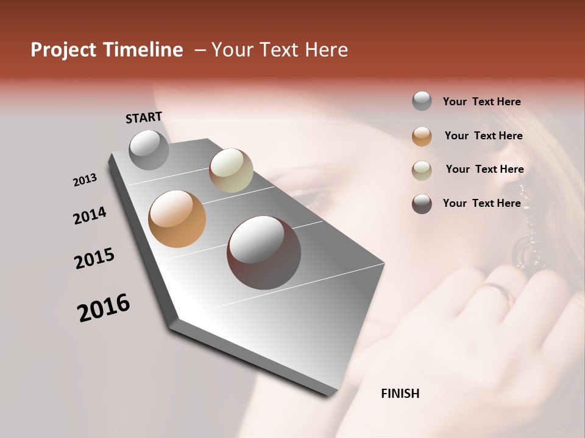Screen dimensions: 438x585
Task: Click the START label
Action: pyautogui.click(x=144, y=117)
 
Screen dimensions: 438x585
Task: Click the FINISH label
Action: pyautogui.click(x=400, y=394)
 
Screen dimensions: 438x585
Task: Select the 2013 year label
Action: pyautogui.click(x=85, y=180)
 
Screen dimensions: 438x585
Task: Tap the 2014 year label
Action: pyautogui.click(x=90, y=216)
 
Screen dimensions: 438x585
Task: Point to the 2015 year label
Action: pyautogui.click(x=94, y=259)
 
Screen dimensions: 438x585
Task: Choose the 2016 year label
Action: pyautogui.click(x=104, y=308)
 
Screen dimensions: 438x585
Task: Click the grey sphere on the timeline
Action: pyautogui.click(x=149, y=150)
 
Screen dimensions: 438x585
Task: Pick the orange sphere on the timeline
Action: pyautogui.click(x=177, y=219)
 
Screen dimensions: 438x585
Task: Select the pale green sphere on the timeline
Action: pyautogui.click(x=231, y=170)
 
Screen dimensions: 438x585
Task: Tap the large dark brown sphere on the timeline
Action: pyautogui.click(x=264, y=252)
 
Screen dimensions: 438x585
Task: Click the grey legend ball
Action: pyautogui.click(x=422, y=102)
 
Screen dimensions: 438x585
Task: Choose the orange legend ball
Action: pyautogui.click(x=422, y=136)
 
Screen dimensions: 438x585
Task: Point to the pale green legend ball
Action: pyautogui.click(x=422, y=170)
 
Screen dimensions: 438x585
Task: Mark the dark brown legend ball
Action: pyautogui.click(x=422, y=204)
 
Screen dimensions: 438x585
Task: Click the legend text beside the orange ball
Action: pyautogui.click(x=483, y=136)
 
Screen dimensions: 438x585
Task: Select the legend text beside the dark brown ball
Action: pyautogui.click(x=481, y=203)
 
